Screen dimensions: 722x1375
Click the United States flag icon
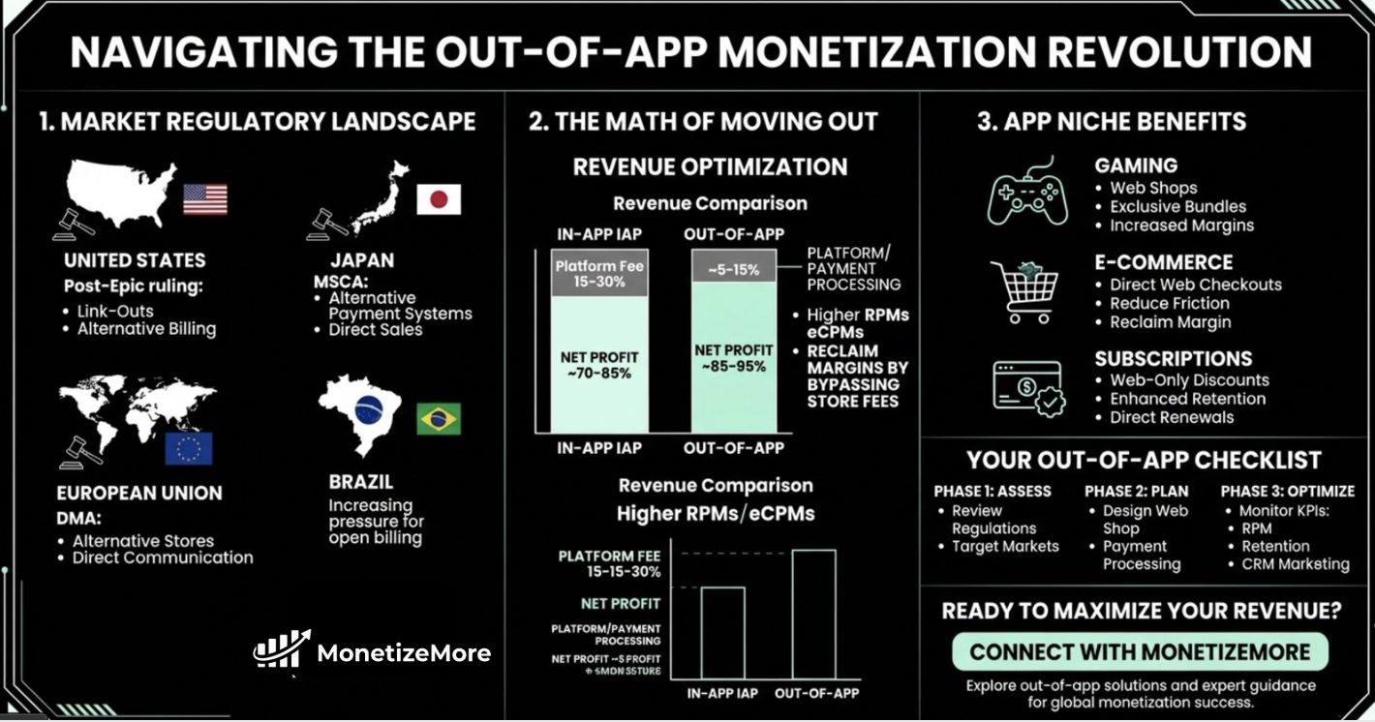[205, 199]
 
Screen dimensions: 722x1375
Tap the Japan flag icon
[439, 199]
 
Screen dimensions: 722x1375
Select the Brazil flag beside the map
[439, 419]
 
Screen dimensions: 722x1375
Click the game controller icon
[1027, 194]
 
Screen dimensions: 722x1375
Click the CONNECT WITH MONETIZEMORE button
[1140, 651]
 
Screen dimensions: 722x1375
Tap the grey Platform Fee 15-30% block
[600, 272]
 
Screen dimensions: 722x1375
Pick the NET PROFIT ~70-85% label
[600, 365]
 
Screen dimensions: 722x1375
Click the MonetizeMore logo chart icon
[281, 650]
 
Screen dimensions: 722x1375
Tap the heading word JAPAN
[361, 260]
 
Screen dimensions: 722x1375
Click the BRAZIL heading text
[361, 482]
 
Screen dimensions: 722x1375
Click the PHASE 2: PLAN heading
[1136, 491]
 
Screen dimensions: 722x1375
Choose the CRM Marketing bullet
[1295, 563]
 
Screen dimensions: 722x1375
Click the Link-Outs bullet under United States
[115, 311]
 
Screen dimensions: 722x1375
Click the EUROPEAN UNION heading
[139, 493]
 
